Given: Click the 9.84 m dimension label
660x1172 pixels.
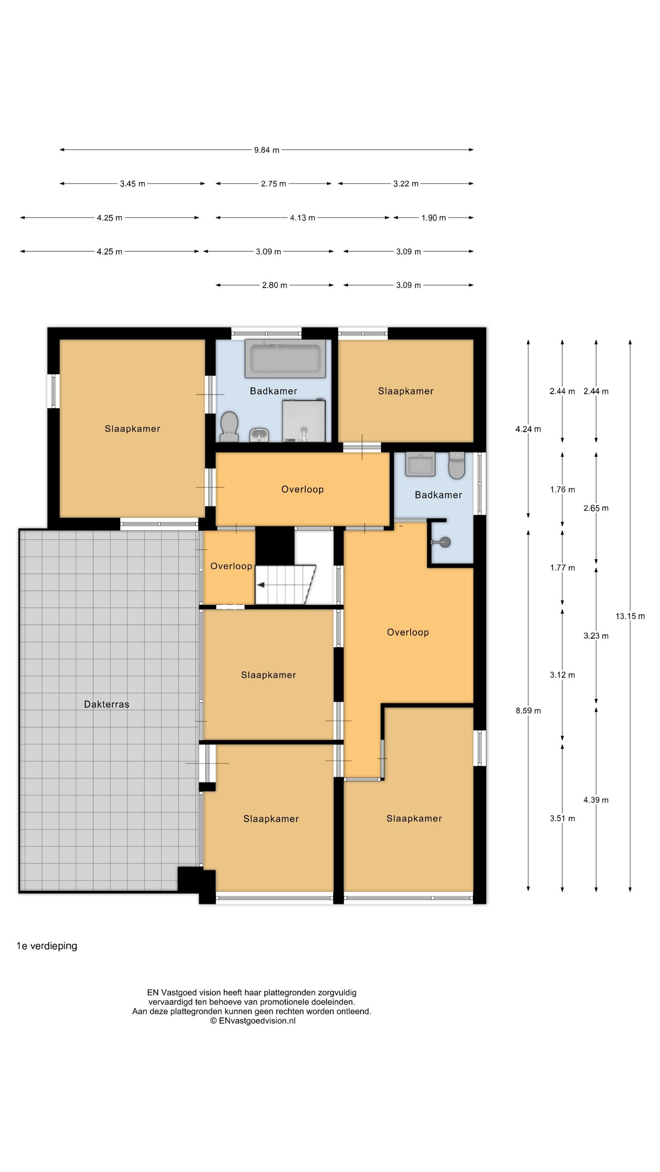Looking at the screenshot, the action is pos(267,150).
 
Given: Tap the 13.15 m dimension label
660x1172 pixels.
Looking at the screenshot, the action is pos(630,616).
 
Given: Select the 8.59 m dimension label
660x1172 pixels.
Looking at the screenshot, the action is pos(528,711).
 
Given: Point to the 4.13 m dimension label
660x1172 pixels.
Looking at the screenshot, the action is pos(302,218).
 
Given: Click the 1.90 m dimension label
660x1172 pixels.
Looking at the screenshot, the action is pos(434,218).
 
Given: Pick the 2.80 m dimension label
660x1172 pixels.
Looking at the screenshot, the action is pos(275,285).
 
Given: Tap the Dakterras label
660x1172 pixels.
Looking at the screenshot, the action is pos(107,704).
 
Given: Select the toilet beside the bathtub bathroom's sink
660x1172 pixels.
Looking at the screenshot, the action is pos(229,426).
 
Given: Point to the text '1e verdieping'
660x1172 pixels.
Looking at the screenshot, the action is pos(47,946).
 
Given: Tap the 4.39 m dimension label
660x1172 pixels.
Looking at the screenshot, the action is pos(596,800).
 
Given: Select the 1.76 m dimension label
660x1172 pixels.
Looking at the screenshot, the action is pos(562,489).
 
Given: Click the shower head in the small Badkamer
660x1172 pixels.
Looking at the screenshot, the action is pos(441,543).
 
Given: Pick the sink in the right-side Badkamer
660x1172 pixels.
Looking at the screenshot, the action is pos(420,464).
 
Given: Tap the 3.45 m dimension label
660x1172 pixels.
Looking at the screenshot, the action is pos(132,184).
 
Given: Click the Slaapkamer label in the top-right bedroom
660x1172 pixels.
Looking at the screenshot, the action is pos(406,391).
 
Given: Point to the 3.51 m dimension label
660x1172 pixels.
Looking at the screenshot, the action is pos(562,818).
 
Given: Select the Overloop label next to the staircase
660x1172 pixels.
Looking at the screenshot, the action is pos(231,566).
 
